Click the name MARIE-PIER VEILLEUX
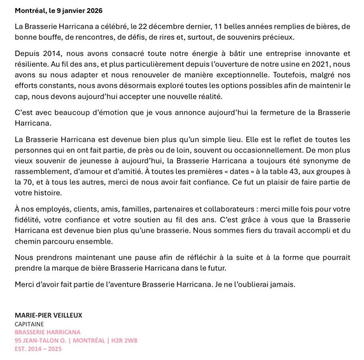click(x=48, y=315)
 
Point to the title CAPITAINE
click(x=29, y=324)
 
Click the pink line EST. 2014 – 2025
click(x=38, y=349)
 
